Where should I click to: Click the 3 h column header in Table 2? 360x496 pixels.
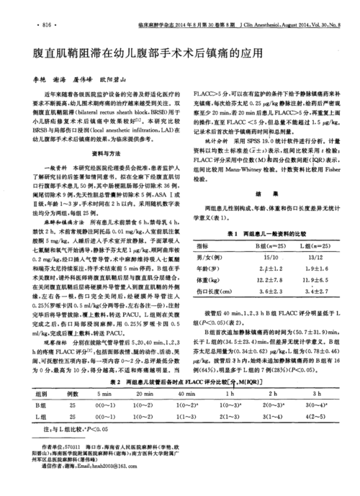318,394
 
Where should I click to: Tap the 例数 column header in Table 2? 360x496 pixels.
73,394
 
